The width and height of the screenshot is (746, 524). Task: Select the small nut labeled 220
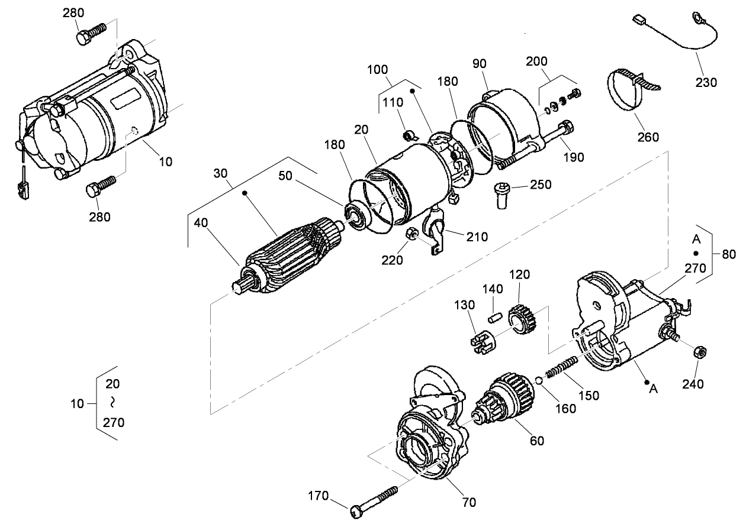pos(411,235)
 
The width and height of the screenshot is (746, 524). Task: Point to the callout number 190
pos(574,157)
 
